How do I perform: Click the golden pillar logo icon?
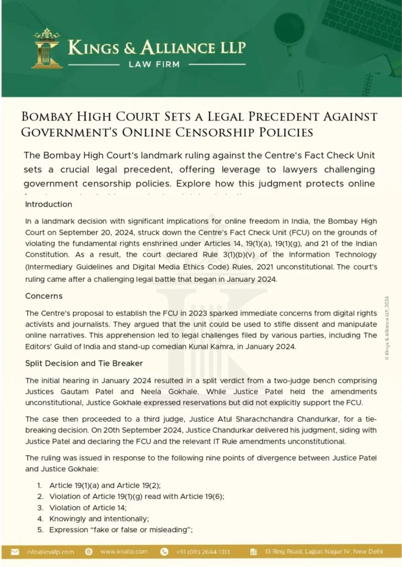tap(47, 49)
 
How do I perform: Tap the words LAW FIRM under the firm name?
tap(154, 64)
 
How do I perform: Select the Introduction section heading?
tap(49, 204)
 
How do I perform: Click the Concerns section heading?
tap(44, 296)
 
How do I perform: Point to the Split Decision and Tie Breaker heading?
tap(84, 363)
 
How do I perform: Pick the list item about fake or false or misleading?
tap(120, 530)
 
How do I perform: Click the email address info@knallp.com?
tap(50, 552)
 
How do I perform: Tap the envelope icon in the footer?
tap(16, 552)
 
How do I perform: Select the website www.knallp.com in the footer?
tap(124, 552)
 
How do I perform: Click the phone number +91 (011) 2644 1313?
tap(203, 552)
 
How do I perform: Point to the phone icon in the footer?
tap(164, 552)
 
